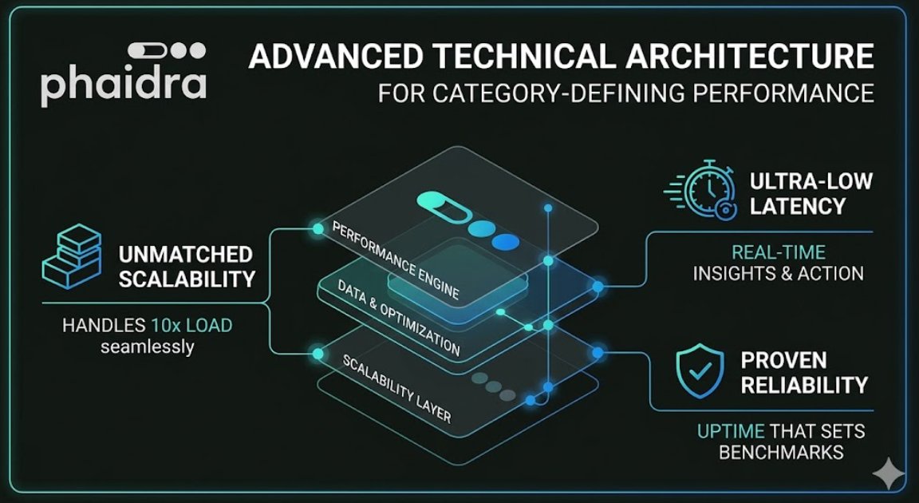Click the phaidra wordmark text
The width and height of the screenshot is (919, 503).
pyautogui.click(x=123, y=85)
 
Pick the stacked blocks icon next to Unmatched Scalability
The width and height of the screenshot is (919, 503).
pyautogui.click(x=73, y=255)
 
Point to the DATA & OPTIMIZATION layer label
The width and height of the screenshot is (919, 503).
pyautogui.click(x=397, y=318)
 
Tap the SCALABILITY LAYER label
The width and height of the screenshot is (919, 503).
pyautogui.click(x=396, y=386)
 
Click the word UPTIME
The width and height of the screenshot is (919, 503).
pyautogui.click(x=731, y=432)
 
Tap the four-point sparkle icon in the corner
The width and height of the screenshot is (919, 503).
pyautogui.click(x=887, y=473)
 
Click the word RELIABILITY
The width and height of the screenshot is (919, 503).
pyautogui.click(x=803, y=385)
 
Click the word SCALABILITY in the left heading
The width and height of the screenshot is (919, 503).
pyautogui.click(x=187, y=279)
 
